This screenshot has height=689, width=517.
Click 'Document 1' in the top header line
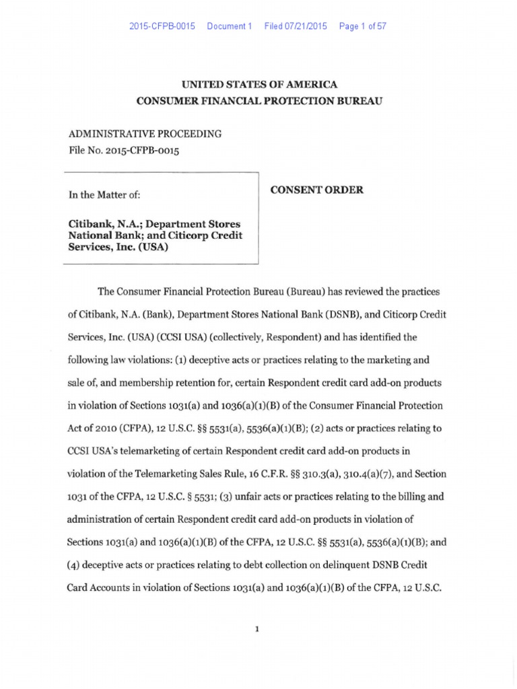click(229, 26)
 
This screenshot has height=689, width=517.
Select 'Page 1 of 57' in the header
click(363, 26)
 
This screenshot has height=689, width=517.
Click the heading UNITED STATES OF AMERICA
click(259, 85)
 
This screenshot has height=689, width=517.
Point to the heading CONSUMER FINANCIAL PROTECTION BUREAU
click(259, 101)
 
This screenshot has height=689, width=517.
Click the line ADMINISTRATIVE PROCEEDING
click(145, 134)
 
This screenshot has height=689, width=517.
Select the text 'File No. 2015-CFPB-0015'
click(125, 150)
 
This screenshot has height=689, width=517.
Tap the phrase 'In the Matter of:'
click(104, 194)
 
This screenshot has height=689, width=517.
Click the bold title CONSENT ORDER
click(316, 190)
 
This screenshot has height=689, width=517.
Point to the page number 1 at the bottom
click(258, 628)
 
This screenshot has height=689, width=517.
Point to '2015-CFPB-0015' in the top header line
click(162, 26)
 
